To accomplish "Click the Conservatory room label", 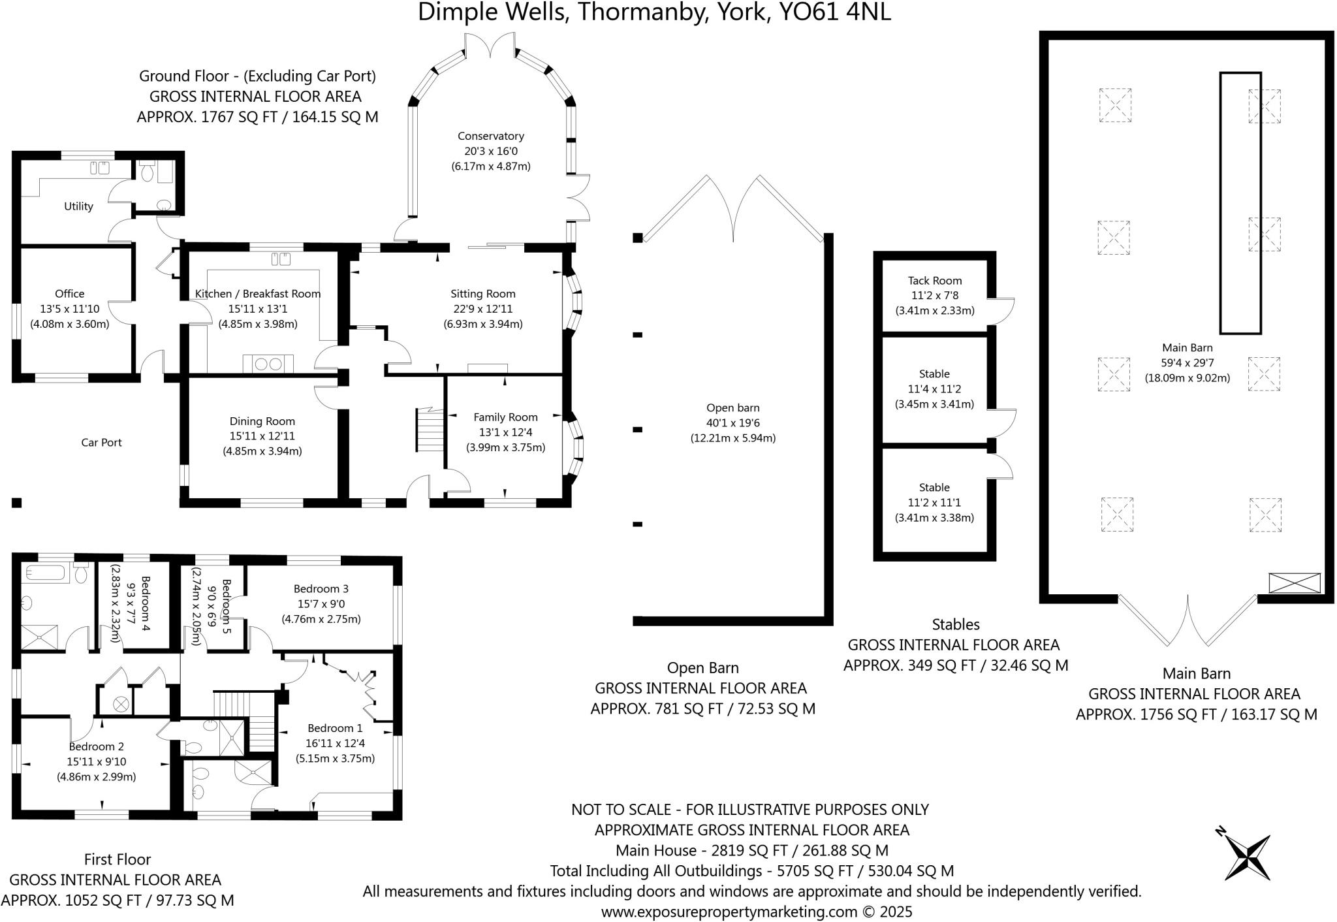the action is tap(490, 136).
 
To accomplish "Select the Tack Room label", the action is tap(935, 281).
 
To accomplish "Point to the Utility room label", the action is tap(78, 206).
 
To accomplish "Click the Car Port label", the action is tap(101, 443).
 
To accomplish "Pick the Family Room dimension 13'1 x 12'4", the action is tap(505, 432).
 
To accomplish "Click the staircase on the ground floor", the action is tap(430, 429).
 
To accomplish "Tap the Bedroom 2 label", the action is tap(96, 746).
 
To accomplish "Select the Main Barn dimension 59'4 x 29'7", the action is tap(1187, 362).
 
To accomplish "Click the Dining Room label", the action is tap(262, 421).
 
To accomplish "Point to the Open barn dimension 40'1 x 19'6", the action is tap(732, 423).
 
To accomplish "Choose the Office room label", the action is tap(69, 294).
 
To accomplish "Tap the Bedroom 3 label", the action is tap(321, 589).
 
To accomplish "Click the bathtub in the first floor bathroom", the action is tap(46, 573).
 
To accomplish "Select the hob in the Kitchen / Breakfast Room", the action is tap(268, 364).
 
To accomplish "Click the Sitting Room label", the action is tap(483, 294).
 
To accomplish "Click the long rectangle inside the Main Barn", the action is tap(1240, 203).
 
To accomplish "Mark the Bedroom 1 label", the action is tap(335, 728).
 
